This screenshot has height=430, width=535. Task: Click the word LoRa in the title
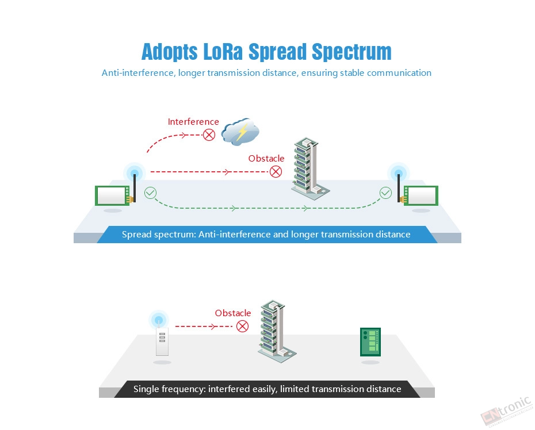pos(223,52)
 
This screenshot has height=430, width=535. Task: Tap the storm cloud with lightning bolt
pos(240,132)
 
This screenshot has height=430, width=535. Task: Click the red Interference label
pos(193,122)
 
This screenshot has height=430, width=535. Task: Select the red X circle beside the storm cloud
pos(209,135)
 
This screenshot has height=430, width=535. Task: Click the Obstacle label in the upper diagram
pos(266,159)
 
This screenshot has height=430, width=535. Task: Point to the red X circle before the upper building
pos(276,171)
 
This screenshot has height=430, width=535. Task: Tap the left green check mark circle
pos(151,193)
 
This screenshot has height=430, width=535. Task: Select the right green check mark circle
pos(385,193)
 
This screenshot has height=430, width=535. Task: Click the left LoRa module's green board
pos(113,195)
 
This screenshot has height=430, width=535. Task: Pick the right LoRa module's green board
pos(421,195)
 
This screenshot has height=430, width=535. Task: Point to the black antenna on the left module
pos(135,188)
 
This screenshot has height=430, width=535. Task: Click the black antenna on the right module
pos(399,188)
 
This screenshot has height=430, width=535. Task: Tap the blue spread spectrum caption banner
pos(267,235)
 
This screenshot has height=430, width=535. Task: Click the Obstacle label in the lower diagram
pos(233,313)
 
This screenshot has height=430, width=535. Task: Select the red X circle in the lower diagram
pos(242,327)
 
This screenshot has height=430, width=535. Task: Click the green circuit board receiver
pos(370,342)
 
